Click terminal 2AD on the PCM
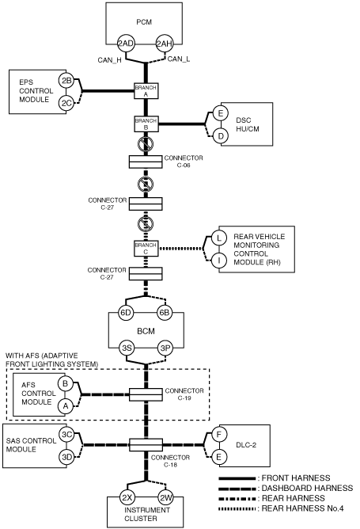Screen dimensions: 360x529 [x=126, y=44]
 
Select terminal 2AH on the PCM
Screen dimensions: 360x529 [x=164, y=44]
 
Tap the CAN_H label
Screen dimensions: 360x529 [x=109, y=60]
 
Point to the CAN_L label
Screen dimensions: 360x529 [x=179, y=59]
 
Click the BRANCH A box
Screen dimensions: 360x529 [x=146, y=91]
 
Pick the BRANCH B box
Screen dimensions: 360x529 [x=146, y=124]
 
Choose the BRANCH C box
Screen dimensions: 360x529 [x=146, y=249]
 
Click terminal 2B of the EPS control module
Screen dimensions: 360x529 [x=66, y=80]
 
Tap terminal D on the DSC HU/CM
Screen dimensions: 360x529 [x=221, y=136]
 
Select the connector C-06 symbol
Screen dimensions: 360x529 [x=146, y=162]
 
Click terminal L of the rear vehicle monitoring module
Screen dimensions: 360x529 [x=218, y=238]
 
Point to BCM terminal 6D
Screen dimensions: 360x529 [x=125, y=313]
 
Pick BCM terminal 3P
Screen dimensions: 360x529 [x=165, y=348]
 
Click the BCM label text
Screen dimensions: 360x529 [x=146, y=331]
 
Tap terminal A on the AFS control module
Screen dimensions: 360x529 [x=65, y=406]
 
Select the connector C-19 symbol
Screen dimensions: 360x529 [x=146, y=394]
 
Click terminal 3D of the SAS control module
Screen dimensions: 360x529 [x=66, y=457]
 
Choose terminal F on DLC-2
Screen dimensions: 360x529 [x=218, y=435]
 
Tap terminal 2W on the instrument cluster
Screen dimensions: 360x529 [x=166, y=497]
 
